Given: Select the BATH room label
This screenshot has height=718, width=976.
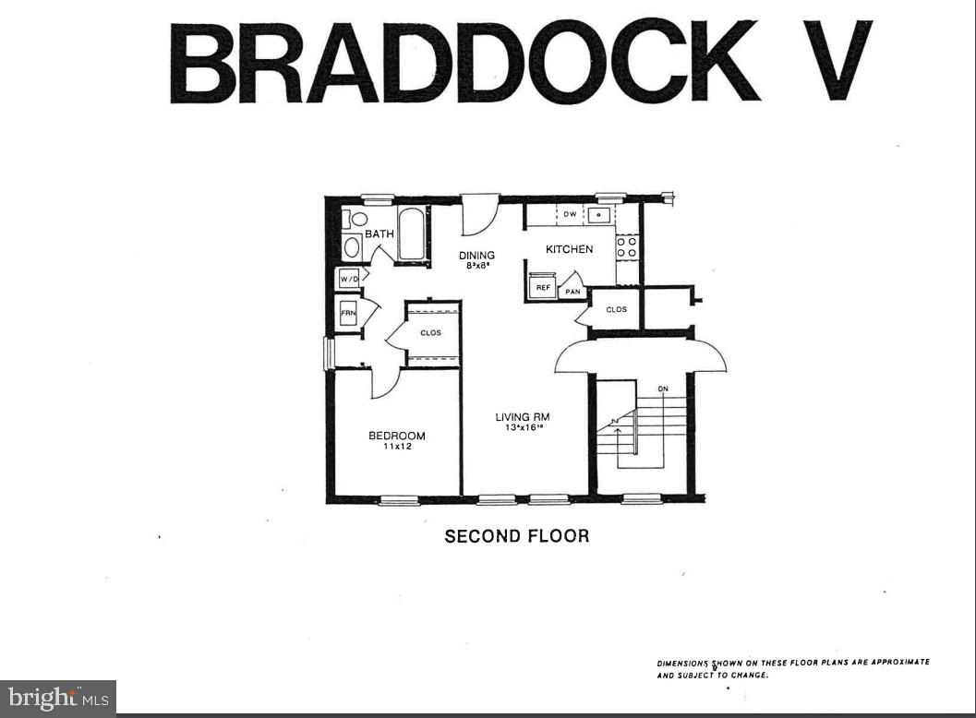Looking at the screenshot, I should [379, 234].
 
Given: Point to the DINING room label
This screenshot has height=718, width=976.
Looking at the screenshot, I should [477, 256].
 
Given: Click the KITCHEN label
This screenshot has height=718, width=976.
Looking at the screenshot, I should [569, 249].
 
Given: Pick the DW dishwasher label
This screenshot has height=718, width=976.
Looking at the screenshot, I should [570, 215].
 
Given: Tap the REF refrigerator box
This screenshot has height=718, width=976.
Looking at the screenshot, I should [543, 287].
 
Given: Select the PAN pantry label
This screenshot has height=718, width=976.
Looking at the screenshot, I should [572, 292].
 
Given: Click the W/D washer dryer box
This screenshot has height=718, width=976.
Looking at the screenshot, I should [348, 278].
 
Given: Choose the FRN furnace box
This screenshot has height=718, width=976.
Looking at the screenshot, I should [348, 314].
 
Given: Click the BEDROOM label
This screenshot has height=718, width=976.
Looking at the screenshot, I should [396, 436].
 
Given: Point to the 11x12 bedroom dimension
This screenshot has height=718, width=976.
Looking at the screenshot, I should [396, 447].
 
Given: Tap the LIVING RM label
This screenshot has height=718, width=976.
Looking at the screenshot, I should [523, 417].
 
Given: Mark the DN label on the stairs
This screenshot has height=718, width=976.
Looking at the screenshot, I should [662, 389].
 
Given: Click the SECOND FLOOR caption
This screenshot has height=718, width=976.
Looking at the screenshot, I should [516, 536].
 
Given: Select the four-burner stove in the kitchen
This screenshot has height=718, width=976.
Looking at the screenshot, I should [627, 246].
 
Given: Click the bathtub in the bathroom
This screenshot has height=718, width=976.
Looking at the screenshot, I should [412, 234].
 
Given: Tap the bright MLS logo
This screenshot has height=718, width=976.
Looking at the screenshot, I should [57, 698].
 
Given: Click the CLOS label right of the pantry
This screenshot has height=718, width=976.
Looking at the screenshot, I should [616, 309].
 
